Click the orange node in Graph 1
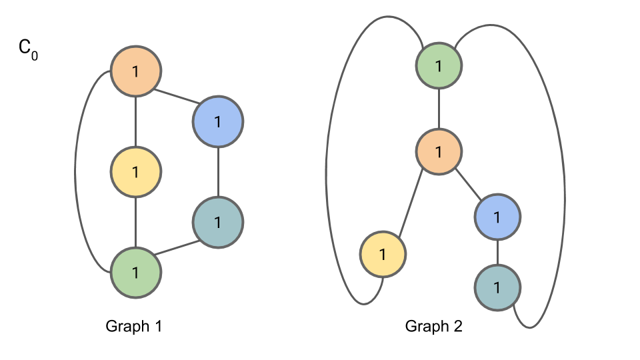point(136,71)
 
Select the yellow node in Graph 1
point(135,172)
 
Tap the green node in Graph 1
point(135,272)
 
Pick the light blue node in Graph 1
point(218,121)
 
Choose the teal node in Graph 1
point(218,222)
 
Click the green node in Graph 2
point(439,66)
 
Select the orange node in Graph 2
point(439,151)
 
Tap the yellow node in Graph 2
point(383,254)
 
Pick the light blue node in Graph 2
point(497,216)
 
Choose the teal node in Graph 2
point(497,287)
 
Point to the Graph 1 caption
point(134,327)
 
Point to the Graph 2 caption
point(434,327)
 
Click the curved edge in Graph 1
point(75,172)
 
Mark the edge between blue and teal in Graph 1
point(218,171)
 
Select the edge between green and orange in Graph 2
point(439,109)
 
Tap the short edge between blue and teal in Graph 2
point(497,251)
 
